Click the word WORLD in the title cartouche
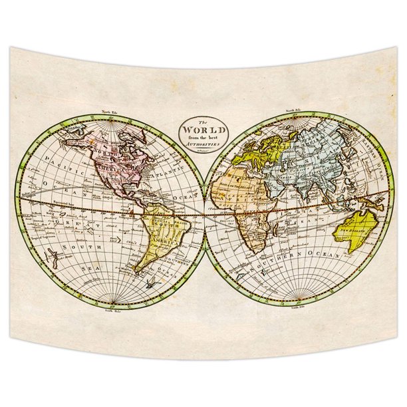point(203,128)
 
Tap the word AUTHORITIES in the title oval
point(203,144)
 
